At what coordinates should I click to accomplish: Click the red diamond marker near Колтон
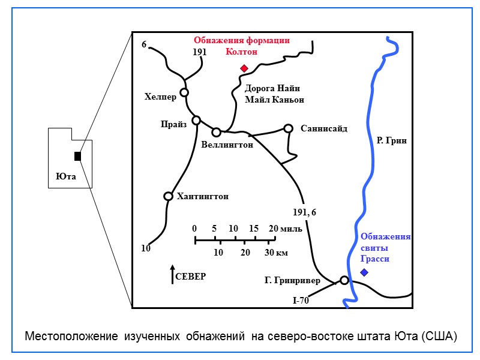[244, 68]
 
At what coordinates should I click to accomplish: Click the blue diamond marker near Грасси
[364, 272]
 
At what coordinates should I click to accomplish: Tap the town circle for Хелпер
[184, 92]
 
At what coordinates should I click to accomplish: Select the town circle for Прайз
[196, 120]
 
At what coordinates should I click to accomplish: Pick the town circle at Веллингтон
[216, 132]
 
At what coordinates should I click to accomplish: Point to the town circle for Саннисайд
[288, 128]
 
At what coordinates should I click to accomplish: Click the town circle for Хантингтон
[168, 196]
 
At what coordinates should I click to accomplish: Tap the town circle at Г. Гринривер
[344, 280]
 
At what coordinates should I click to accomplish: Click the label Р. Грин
[392, 141]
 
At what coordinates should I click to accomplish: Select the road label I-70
[301, 301]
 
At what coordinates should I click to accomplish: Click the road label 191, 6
[304, 212]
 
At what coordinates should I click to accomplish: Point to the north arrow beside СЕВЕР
[172, 274]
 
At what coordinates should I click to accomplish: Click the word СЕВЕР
[191, 277]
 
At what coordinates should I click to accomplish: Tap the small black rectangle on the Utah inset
[77, 157]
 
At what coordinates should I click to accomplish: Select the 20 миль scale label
[281, 229]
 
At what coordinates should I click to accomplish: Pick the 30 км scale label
[276, 253]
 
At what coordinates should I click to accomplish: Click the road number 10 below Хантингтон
[146, 248]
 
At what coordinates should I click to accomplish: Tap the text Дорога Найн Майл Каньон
[274, 94]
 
